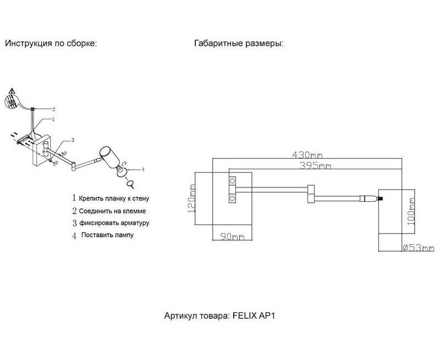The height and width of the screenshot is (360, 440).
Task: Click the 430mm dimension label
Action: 307,155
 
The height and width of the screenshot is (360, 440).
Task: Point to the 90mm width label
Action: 232,237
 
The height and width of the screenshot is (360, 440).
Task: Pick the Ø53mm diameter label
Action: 419,248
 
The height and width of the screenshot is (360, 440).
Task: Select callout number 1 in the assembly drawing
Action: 53,119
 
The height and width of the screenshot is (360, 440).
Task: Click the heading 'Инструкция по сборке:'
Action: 51,43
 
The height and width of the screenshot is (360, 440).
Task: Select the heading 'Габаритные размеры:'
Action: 238,43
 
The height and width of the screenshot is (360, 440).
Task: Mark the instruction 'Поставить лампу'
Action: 107,235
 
